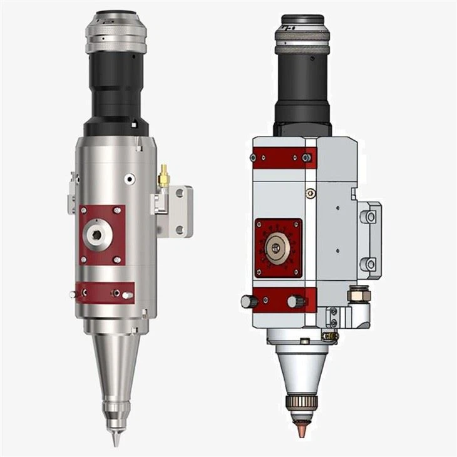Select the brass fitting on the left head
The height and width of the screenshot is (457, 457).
click(x=163, y=177)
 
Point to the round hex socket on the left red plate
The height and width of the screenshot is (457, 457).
click(x=96, y=235)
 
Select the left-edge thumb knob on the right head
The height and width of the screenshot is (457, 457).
click(x=248, y=302)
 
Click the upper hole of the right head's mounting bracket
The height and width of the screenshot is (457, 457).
click(x=371, y=217)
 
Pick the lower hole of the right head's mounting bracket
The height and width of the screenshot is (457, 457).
click(x=371, y=264)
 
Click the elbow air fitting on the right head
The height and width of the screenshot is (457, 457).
click(x=357, y=300)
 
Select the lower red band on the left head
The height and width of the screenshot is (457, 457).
click(x=104, y=292)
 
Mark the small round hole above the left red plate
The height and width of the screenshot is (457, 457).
click(x=129, y=179)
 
